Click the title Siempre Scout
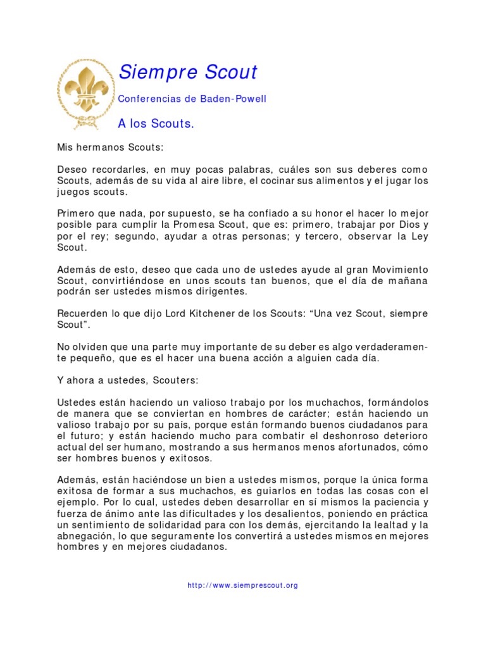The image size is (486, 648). [x=188, y=73]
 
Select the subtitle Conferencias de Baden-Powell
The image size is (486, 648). [x=192, y=99]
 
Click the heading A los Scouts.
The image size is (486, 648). [x=156, y=123]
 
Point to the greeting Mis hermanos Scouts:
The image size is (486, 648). [x=110, y=147]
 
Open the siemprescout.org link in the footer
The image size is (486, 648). [x=242, y=585]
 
